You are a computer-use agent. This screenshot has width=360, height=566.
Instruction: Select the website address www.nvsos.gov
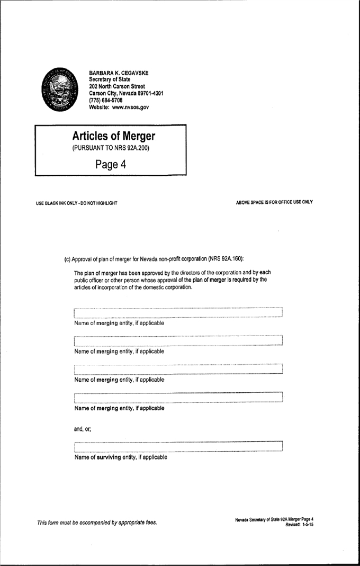130,107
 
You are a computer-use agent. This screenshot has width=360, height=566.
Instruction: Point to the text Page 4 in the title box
111,165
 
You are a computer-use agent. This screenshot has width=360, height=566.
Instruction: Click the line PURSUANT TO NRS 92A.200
111,148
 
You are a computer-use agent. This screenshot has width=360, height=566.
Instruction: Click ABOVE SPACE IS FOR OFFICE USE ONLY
274,202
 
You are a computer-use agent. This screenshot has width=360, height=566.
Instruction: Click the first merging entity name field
178,312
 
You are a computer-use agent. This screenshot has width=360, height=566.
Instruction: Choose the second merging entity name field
178,340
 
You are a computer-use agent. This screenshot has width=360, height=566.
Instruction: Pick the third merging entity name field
178,369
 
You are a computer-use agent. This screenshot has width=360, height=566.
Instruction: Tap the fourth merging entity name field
178,398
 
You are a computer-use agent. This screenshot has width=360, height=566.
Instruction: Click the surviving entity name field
178,446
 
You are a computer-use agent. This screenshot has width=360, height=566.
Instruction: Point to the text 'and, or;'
83,429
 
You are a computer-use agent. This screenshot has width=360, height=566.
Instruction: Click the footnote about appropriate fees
97,523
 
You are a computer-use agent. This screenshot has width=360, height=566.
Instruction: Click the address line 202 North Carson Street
117,86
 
